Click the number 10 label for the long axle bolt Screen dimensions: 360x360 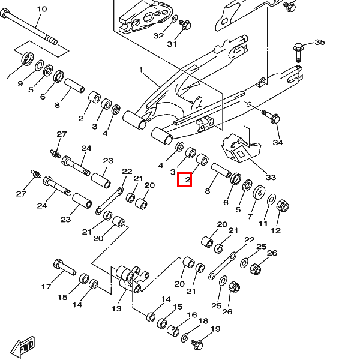coord(42,9)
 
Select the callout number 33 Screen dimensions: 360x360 coord(271,177)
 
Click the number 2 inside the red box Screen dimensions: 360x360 coord(188,179)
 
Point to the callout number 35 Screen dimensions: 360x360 coord(320,42)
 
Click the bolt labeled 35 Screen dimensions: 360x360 coord(298,52)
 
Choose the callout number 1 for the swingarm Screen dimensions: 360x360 coord(141,70)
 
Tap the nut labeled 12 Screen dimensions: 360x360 coord(283,206)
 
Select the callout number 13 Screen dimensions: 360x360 coord(116,308)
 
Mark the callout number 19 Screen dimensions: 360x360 coord(215,329)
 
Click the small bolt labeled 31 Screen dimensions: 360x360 coord(185,25)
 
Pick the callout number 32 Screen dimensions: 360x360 coord(158,36)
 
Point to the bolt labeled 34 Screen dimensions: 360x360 coord(271,116)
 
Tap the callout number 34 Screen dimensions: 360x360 coord(278,143)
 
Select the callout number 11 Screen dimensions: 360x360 coord(263,223)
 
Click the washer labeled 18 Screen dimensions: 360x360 coord(185,337)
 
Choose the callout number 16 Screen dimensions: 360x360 coord(192,315)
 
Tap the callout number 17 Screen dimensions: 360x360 coord(46,287)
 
